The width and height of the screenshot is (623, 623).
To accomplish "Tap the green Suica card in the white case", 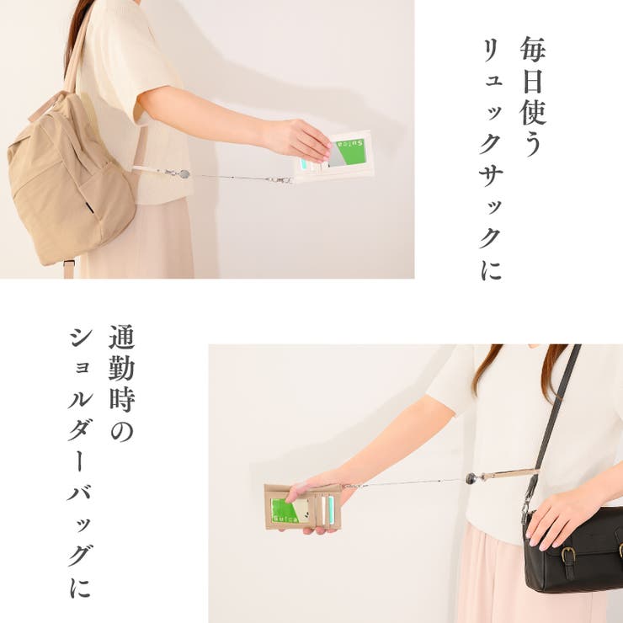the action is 347,153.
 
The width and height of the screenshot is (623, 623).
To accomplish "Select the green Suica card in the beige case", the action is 290,510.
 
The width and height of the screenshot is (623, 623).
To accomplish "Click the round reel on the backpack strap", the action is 184,174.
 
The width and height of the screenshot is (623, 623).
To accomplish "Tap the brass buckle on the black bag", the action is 568,554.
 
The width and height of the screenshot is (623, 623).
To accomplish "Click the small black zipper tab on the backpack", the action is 90,207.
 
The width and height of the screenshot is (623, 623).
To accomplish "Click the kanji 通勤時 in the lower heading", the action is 122,368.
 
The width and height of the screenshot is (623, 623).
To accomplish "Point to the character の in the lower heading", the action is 122,431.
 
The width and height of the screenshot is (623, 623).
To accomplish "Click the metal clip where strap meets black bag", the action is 526,508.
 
